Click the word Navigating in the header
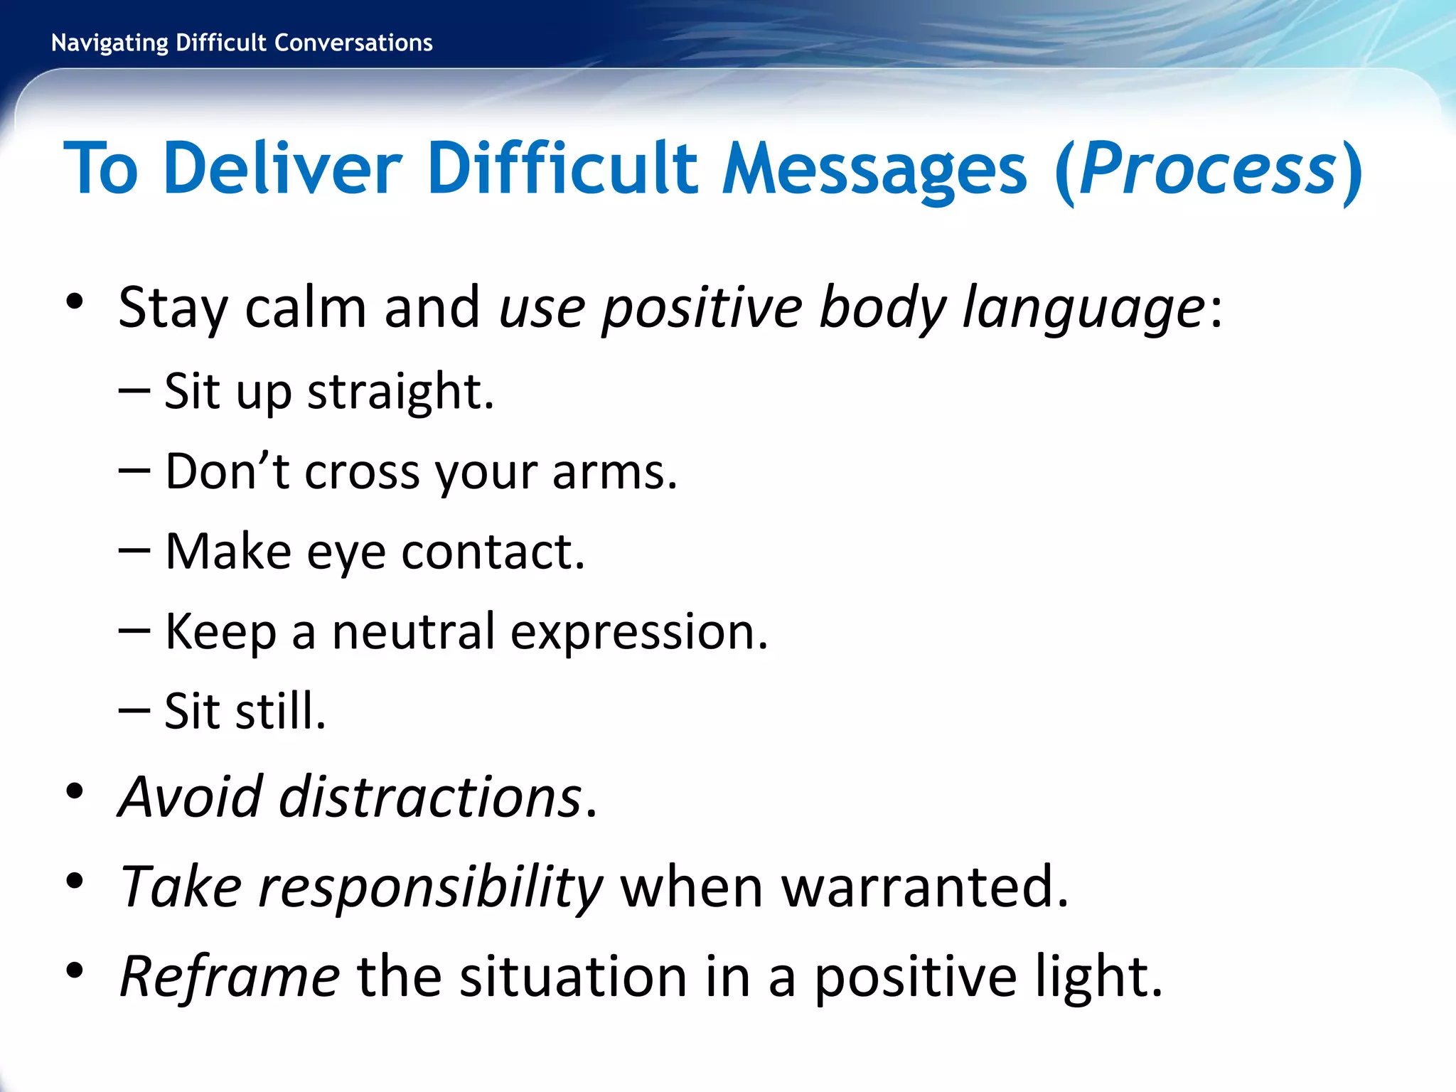click(x=109, y=43)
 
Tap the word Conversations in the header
click(x=353, y=43)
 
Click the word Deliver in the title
click(x=283, y=168)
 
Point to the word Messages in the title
click(x=874, y=168)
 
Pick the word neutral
click(x=413, y=631)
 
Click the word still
click(x=280, y=711)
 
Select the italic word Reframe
click(x=230, y=977)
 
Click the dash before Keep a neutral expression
click(x=134, y=631)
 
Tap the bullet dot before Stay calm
click(x=75, y=301)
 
